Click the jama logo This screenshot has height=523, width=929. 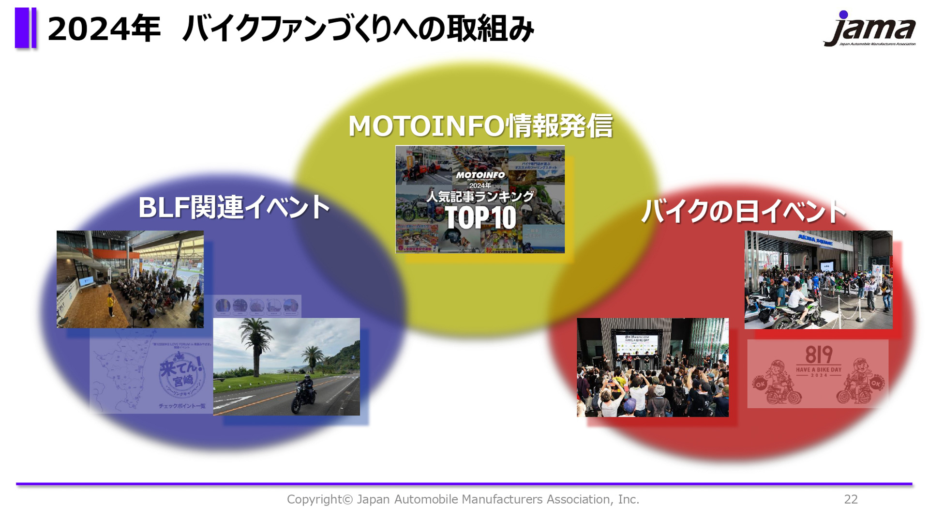[x=869, y=29]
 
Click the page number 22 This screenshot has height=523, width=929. [x=851, y=499]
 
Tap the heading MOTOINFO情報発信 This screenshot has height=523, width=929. [x=480, y=126]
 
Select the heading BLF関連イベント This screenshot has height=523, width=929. [x=234, y=207]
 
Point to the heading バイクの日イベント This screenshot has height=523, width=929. [x=743, y=211]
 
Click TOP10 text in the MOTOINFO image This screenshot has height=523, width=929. [x=480, y=218]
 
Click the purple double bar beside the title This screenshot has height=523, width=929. [x=26, y=28]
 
